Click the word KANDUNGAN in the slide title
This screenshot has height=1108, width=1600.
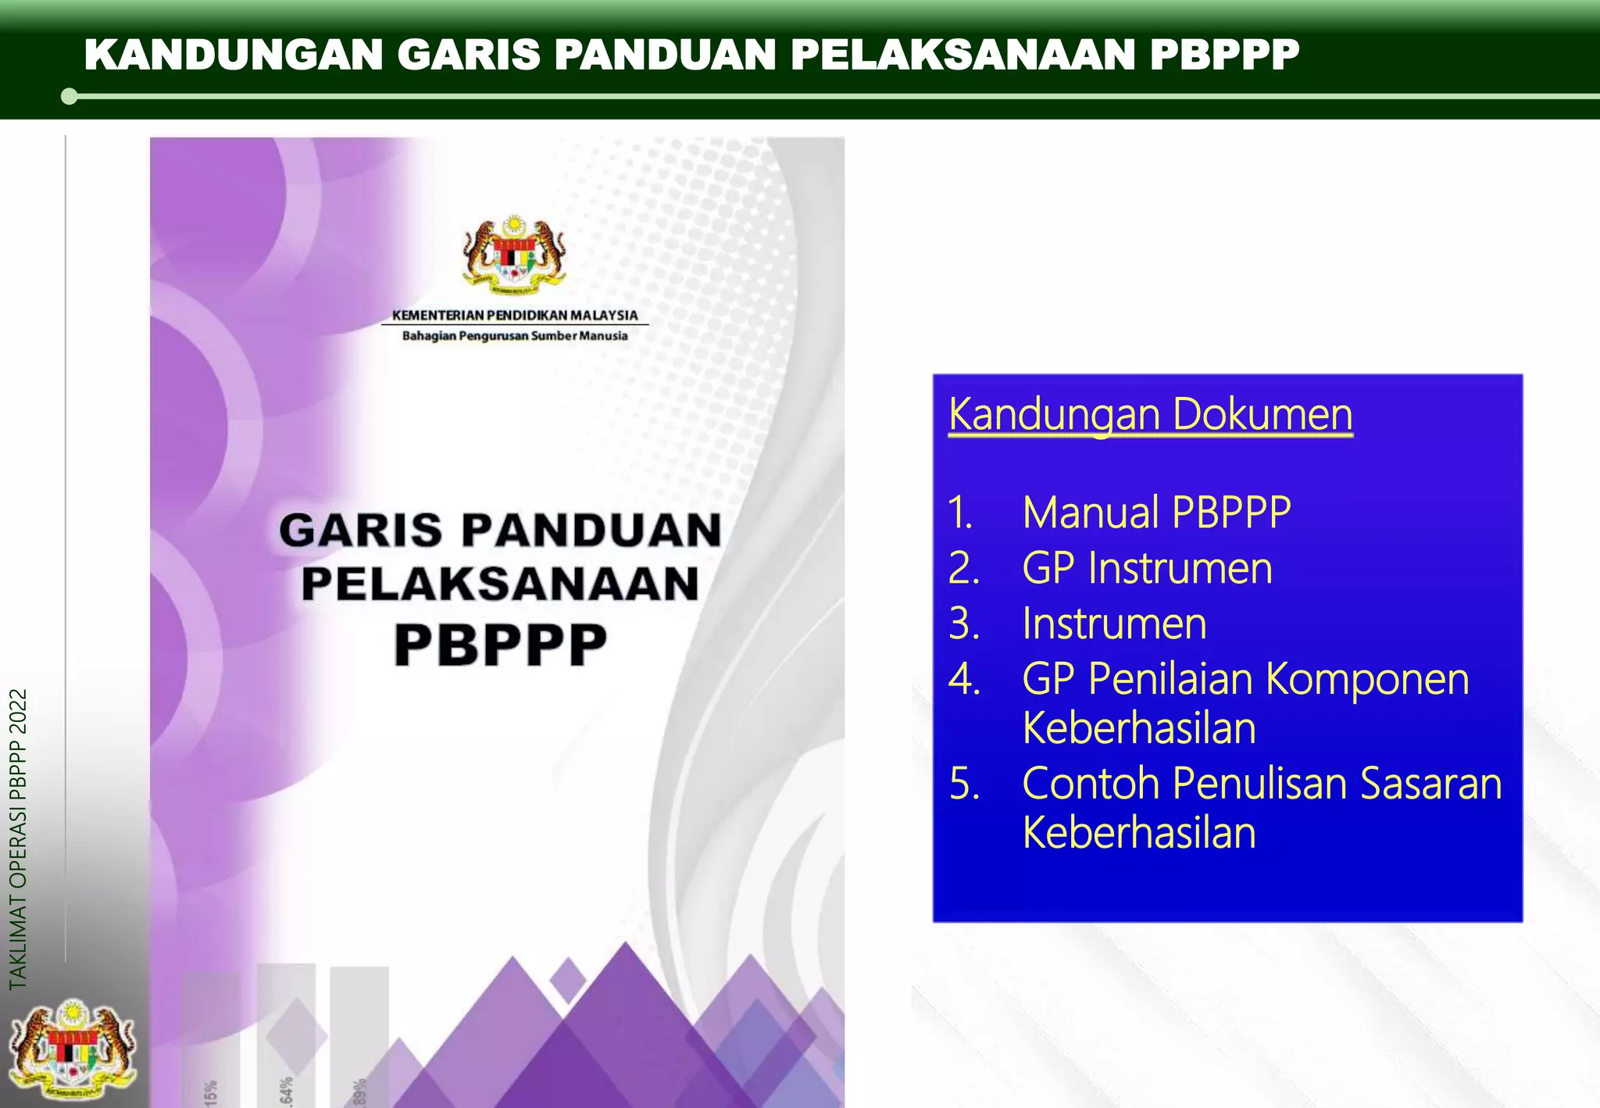pyautogui.click(x=234, y=55)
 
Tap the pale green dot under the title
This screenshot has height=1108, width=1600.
pyautogui.click(x=69, y=97)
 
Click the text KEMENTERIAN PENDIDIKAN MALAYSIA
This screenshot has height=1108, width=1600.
pyautogui.click(x=515, y=315)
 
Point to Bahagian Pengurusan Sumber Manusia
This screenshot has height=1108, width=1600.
pyautogui.click(x=515, y=336)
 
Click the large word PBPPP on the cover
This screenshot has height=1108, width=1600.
pyautogui.click(x=501, y=645)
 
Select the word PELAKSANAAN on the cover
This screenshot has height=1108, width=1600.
pyautogui.click(x=501, y=584)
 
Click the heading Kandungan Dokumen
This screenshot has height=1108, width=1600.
pyautogui.click(x=1150, y=414)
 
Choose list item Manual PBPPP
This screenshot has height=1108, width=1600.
pyautogui.click(x=1156, y=513)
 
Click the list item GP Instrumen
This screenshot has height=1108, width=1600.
pyautogui.click(x=1147, y=568)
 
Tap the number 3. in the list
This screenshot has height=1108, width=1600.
pyautogui.click(x=964, y=624)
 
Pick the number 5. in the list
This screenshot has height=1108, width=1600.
pyautogui.click(x=964, y=784)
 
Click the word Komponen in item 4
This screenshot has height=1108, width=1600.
pyautogui.click(x=1367, y=678)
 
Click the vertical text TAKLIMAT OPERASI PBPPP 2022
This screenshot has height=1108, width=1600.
pyautogui.click(x=18, y=838)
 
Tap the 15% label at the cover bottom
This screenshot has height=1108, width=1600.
pyautogui.click(x=211, y=1092)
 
